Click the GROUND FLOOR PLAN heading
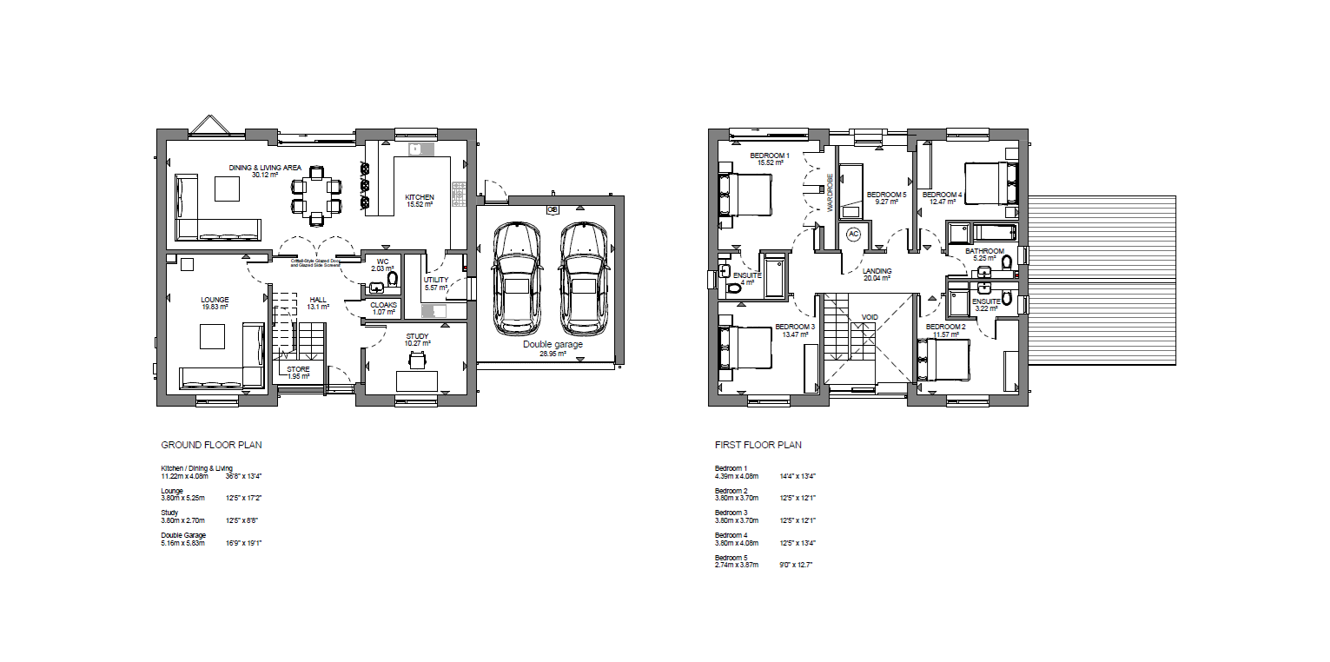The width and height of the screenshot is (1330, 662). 211,445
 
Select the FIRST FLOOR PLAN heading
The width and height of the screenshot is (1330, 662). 758,445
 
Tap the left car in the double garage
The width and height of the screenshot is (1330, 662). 516,278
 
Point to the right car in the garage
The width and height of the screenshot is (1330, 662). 584,278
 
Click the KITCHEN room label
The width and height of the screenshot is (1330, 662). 420,197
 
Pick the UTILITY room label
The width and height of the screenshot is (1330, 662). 435,280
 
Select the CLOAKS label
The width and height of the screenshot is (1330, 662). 383,306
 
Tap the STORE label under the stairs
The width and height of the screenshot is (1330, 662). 298,369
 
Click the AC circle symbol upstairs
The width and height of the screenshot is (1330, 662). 852,234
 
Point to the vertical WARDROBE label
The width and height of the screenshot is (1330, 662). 830,190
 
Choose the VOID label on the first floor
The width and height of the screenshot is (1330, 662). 870,317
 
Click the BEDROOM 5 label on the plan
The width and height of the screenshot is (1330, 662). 886,195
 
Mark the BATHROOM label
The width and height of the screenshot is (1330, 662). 985,252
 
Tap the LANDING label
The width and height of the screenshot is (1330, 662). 877,271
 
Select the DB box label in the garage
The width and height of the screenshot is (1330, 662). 552,209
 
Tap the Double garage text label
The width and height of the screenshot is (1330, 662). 553,344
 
